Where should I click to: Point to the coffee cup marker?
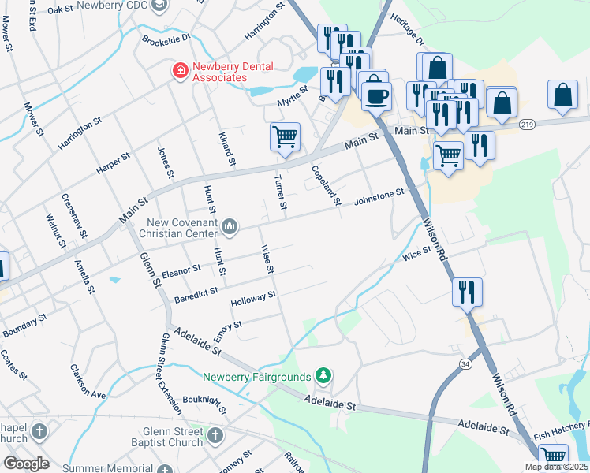(376, 95)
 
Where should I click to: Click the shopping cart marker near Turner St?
(285, 136)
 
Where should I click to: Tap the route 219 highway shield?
(528, 125)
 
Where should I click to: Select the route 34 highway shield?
(465, 364)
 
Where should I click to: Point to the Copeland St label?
(325, 185)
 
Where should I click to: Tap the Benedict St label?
(196, 292)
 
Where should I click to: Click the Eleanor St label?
(181, 272)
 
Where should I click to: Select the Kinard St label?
(226, 150)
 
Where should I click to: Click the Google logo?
(26, 464)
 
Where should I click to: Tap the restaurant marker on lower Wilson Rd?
(467, 292)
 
